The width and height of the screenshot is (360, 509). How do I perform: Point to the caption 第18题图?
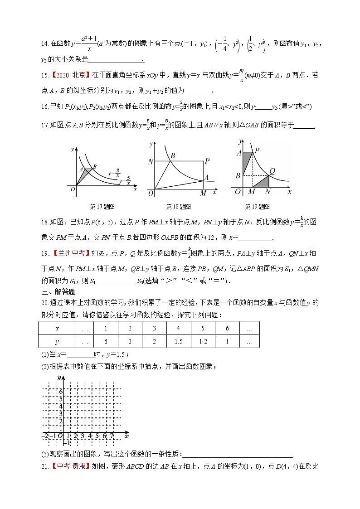178,206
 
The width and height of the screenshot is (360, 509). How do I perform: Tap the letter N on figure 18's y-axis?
151,162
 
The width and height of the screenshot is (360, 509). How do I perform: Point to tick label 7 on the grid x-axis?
111,436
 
